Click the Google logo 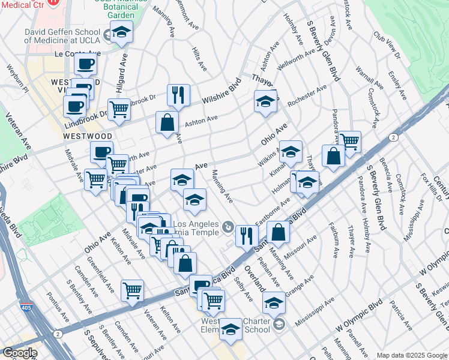pos(19,353)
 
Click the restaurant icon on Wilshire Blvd pos(178,94)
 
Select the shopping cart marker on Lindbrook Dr pos(119,109)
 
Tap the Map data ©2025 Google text pos(412,355)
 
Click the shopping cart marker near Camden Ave pos(132,290)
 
